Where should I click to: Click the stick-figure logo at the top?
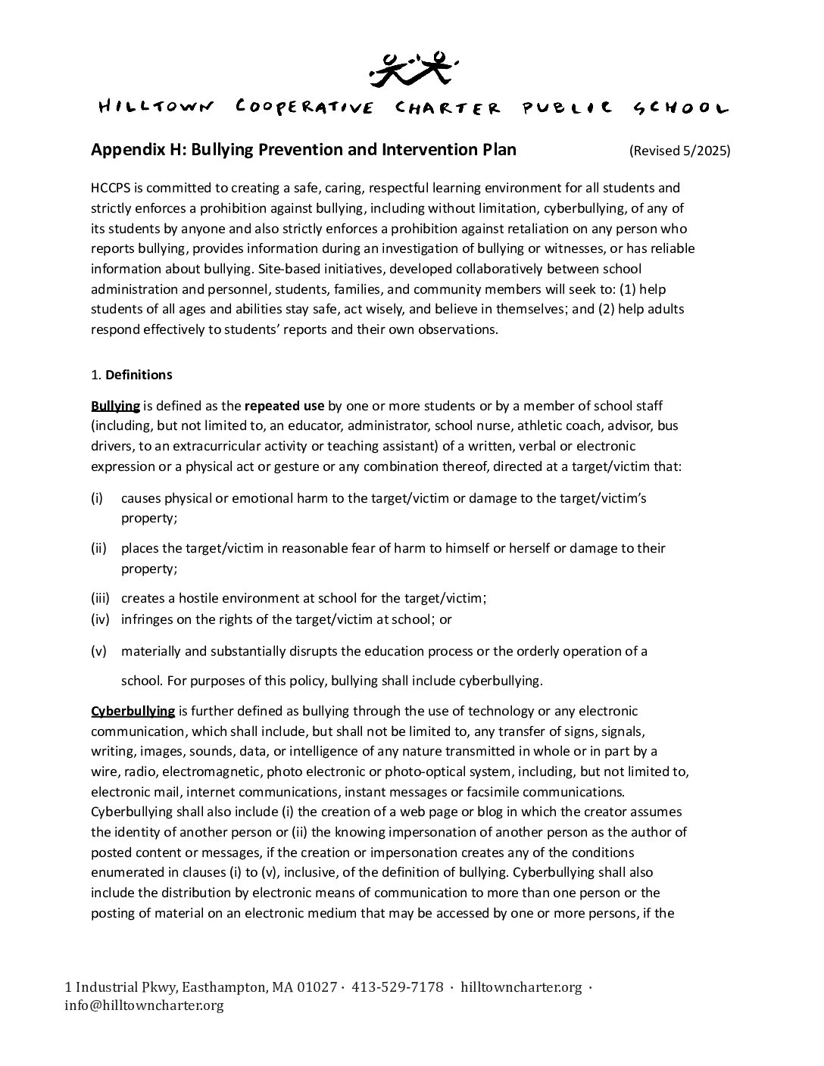coord(412,67)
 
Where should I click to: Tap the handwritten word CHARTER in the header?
coord(448,108)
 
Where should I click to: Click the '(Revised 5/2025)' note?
coord(679,150)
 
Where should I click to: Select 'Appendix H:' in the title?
coord(139,149)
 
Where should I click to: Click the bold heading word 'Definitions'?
coord(139,375)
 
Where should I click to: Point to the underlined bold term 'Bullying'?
coord(115,406)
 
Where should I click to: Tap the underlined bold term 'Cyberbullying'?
coord(133,711)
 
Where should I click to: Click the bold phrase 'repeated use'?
coord(285,406)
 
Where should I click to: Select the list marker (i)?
coord(97,498)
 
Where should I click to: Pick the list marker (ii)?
coord(98,548)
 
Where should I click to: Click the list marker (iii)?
coord(100,598)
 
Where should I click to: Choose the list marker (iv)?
coord(100,619)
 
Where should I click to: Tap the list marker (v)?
coord(98,651)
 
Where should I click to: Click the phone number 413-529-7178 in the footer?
coord(398,987)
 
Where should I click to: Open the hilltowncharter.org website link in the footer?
coord(521,987)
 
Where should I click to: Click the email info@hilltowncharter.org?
coord(144,1006)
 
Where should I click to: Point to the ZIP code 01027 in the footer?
coord(317,987)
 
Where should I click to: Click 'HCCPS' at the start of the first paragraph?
coord(111,188)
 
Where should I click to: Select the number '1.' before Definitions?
coord(95,375)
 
